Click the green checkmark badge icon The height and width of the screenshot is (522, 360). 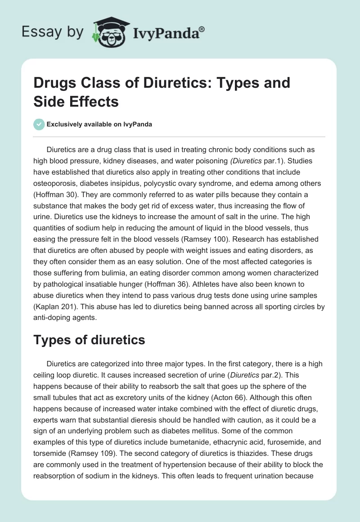tap(40, 124)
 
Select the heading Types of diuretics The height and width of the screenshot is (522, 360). tap(89, 340)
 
